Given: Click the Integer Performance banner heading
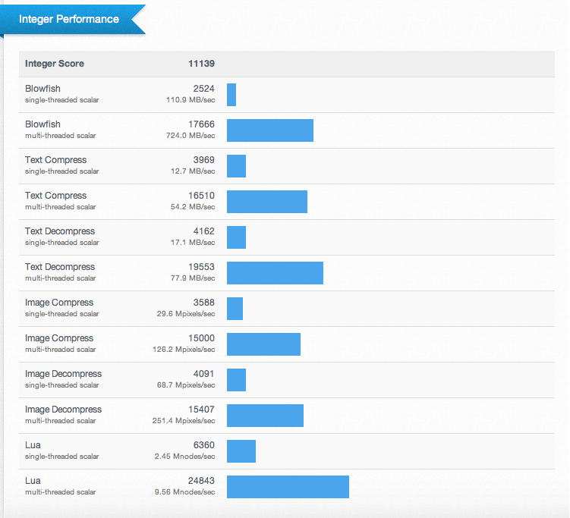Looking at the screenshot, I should tap(69, 19).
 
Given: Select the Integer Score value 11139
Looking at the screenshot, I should tap(201, 64).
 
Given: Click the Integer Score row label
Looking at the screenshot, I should tap(55, 64).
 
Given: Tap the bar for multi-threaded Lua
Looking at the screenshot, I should tap(288, 487).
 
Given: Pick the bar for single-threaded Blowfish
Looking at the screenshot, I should tap(231, 95).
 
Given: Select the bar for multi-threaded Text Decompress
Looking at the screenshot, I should tap(275, 273).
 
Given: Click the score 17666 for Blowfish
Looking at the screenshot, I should tap(201, 124).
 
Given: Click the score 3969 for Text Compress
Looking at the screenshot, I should tap(203, 160).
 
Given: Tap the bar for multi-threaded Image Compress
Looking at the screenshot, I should tap(263, 344).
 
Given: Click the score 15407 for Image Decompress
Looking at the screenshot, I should tap(201, 410).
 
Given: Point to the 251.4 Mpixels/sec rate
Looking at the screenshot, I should tap(184, 421).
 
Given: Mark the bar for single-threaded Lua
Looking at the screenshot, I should tap(241, 451).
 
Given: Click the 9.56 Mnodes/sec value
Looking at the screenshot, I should tap(186, 492).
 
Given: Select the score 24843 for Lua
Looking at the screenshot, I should tap(201, 481).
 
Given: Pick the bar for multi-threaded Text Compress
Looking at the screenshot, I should tap(267, 202).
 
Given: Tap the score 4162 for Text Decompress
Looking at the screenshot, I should tap(203, 231).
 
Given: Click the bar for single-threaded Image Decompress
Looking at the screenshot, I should tap(236, 380).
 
